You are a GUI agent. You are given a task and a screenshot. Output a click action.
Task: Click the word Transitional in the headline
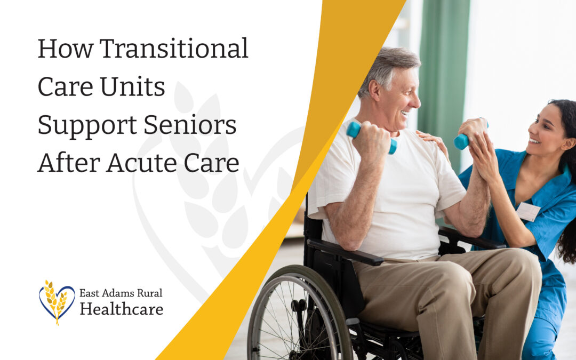[x=174, y=49]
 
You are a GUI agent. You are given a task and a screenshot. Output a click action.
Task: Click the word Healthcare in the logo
[x=121, y=309]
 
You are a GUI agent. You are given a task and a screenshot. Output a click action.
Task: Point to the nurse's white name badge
[x=528, y=212]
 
